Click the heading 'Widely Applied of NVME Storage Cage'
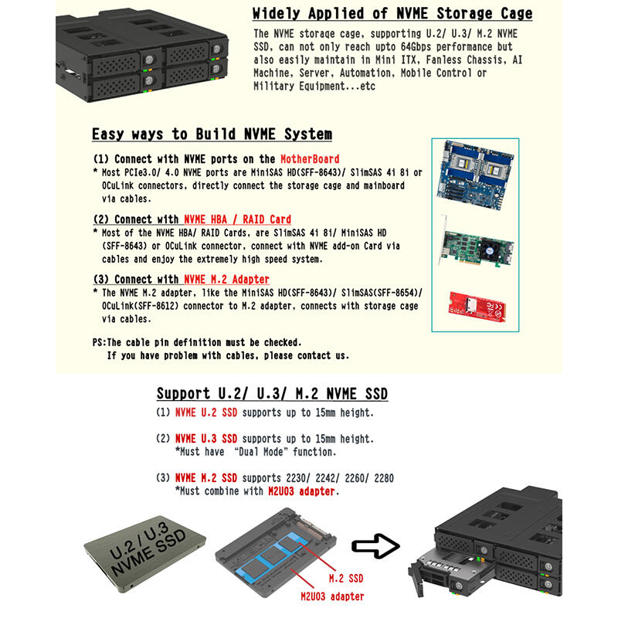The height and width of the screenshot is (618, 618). [392, 14]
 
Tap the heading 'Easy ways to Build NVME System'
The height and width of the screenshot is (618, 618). [212, 134]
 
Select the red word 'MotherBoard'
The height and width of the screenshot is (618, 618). [309, 160]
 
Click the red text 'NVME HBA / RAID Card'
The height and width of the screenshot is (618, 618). [237, 220]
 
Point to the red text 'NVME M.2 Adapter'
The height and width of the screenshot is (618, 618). [226, 279]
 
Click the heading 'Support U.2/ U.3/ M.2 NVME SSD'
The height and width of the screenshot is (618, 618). [272, 394]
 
